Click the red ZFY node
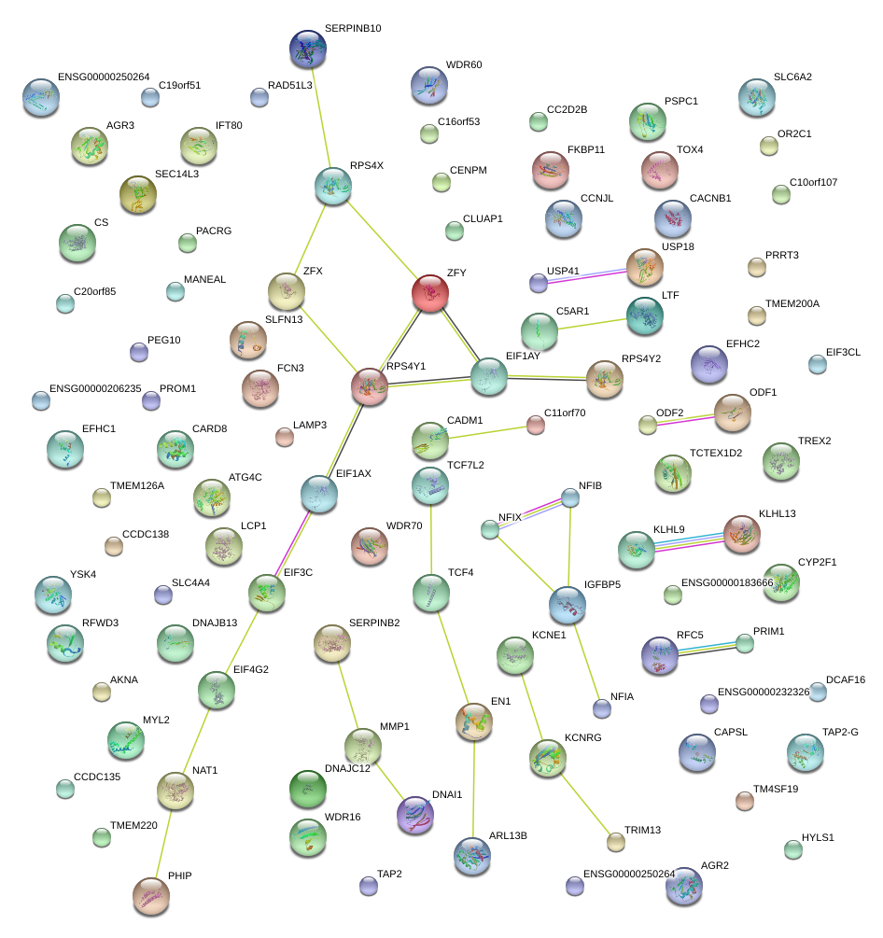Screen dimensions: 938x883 pyautogui.click(x=430, y=293)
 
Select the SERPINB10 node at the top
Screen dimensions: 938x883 pyautogui.click(x=308, y=49)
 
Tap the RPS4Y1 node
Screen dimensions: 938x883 pyautogui.click(x=370, y=386)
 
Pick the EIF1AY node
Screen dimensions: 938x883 pyautogui.click(x=489, y=376)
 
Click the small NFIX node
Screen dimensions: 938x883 pyautogui.click(x=490, y=530)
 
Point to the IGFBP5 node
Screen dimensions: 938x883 pyautogui.click(x=568, y=605)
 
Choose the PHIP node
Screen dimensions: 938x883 pyautogui.click(x=151, y=896)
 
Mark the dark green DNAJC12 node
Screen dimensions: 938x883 pyautogui.click(x=308, y=789)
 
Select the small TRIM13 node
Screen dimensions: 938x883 pyautogui.click(x=615, y=842)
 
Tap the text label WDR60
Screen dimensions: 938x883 pyautogui.click(x=464, y=65)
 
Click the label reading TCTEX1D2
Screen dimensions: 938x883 pyautogui.click(x=716, y=453)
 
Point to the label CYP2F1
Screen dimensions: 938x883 pyautogui.click(x=817, y=563)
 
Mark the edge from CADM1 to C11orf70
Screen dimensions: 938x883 pyautogui.click(x=483, y=430)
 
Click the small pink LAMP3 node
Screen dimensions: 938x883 pyautogui.click(x=285, y=437)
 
